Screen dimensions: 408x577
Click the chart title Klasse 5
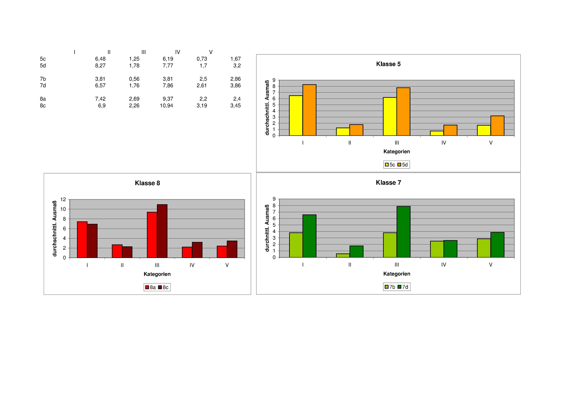pyautogui.click(x=388, y=64)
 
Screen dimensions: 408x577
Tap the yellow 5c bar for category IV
pyautogui.click(x=437, y=133)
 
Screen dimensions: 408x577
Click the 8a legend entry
pyautogui.click(x=150, y=287)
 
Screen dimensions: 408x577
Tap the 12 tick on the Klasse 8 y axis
pyautogui.click(x=63, y=199)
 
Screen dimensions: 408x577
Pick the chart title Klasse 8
pyautogui.click(x=147, y=183)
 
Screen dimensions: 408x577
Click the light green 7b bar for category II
pyautogui.click(x=343, y=255)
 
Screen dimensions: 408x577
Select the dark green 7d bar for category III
pyautogui.click(x=403, y=232)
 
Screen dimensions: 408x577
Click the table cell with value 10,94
pyautogui.click(x=166, y=106)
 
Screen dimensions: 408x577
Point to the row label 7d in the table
pyautogui.click(x=43, y=85)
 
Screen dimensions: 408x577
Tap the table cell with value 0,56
pyautogui.click(x=134, y=79)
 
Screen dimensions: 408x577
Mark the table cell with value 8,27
pyautogui.click(x=100, y=66)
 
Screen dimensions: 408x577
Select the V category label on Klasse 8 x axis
pyautogui.click(x=227, y=265)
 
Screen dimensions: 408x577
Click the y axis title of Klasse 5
pyautogui.click(x=267, y=108)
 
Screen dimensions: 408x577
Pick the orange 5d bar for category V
pyautogui.click(x=497, y=126)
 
